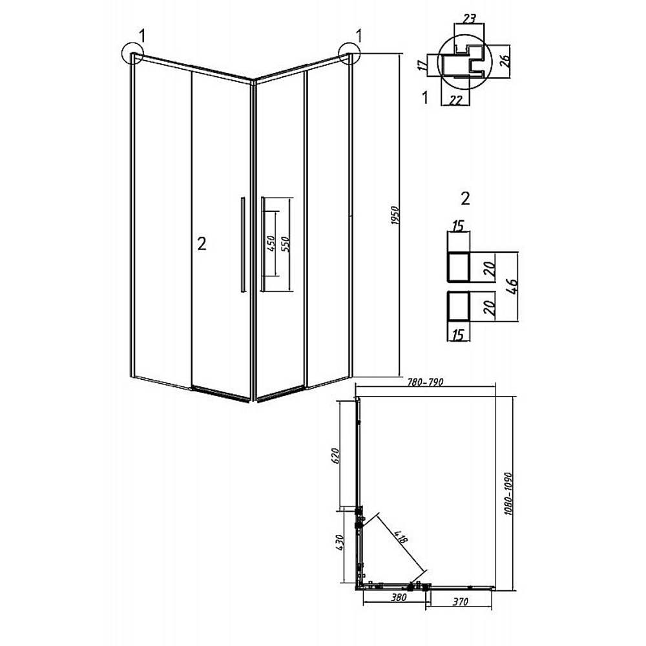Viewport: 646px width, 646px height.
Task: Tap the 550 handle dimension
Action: tap(286, 244)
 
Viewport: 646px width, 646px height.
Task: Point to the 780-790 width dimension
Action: tap(425, 382)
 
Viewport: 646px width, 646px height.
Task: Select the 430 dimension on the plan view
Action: tap(339, 543)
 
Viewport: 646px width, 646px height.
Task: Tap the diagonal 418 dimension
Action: tap(401, 536)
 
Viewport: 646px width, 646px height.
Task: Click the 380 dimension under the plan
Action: tap(399, 598)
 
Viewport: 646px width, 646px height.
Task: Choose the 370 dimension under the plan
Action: tap(460, 602)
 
